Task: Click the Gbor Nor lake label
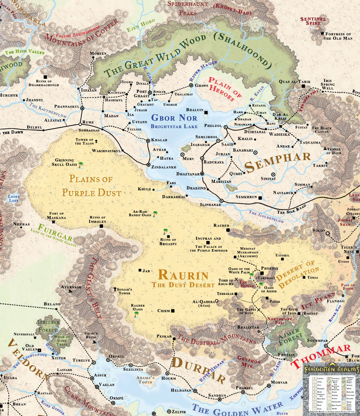pyautogui.click(x=174, y=118)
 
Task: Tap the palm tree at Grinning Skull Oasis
pyautogui.click(x=81, y=164)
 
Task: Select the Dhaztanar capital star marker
pyautogui.click(x=202, y=174)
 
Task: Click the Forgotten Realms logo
pyautogui.click(x=332, y=369)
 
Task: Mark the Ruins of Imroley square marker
pyautogui.click(x=101, y=226)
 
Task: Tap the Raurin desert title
pyautogui.click(x=183, y=275)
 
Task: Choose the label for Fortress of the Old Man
pyautogui.click(x=338, y=36)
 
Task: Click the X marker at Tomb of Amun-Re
pyautogui.click(x=236, y=279)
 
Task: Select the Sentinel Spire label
pyautogui.click(x=313, y=21)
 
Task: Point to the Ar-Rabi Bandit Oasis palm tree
pyautogui.click(x=155, y=214)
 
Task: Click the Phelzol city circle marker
pyautogui.click(x=226, y=127)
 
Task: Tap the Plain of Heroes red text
pyautogui.click(x=225, y=89)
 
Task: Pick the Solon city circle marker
pyautogui.click(x=328, y=233)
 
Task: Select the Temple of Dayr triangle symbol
pyautogui.click(x=325, y=148)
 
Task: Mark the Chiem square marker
pyautogui.click(x=173, y=311)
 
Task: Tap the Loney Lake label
pyautogui.click(x=14, y=198)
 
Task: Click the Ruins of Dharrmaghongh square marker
pyautogui.click(x=45, y=77)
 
